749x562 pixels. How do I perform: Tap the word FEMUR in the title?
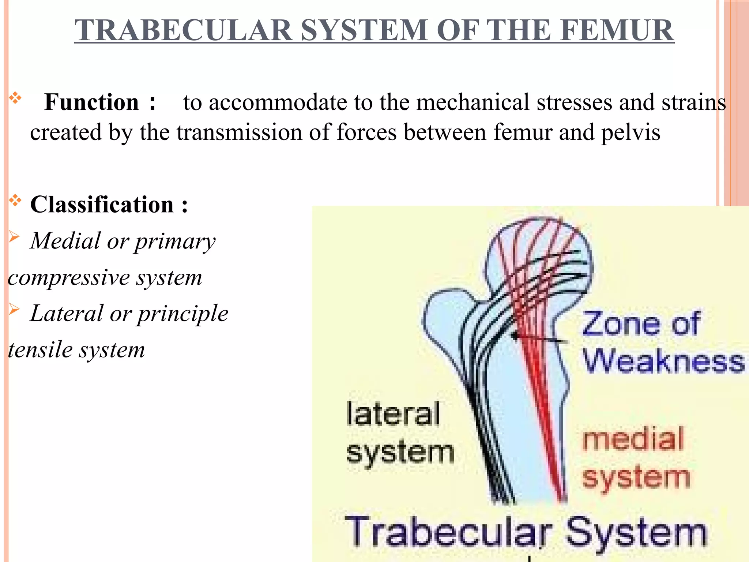click(x=618, y=30)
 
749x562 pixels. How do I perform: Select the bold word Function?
click(x=91, y=102)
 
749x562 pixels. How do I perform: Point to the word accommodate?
click(x=278, y=102)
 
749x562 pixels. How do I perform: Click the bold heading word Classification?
click(x=102, y=205)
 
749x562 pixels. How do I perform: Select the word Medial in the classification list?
click(x=65, y=241)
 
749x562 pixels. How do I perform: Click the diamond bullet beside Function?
click(x=15, y=98)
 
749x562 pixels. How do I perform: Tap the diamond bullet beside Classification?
click(x=15, y=201)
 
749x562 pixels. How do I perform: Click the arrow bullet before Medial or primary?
click(x=14, y=237)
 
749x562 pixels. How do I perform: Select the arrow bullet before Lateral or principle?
click(x=14, y=310)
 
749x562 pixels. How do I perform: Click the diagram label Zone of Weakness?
click(x=655, y=342)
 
